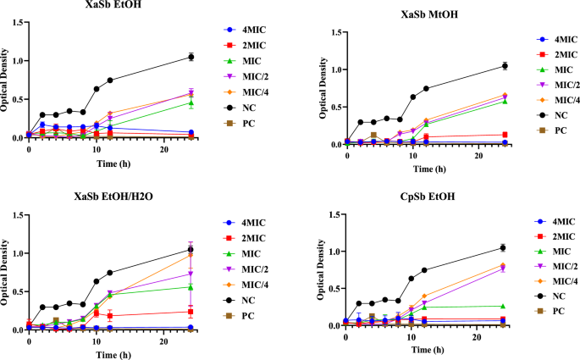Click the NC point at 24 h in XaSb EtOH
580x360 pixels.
[x=191, y=57]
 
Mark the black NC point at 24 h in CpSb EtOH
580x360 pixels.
[x=503, y=247]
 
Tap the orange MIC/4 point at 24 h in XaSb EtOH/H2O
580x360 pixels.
[x=191, y=254]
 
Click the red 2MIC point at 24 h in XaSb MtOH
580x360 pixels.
[x=505, y=135]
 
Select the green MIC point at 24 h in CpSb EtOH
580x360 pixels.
[x=503, y=306]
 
